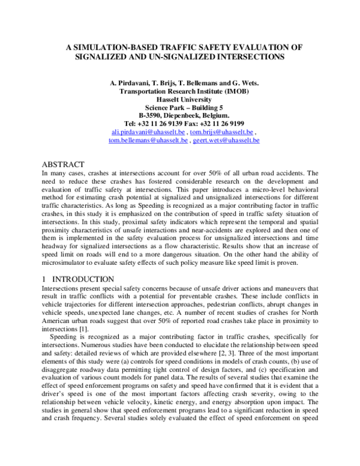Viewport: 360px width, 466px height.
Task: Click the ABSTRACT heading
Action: pyautogui.click(x=63, y=164)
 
